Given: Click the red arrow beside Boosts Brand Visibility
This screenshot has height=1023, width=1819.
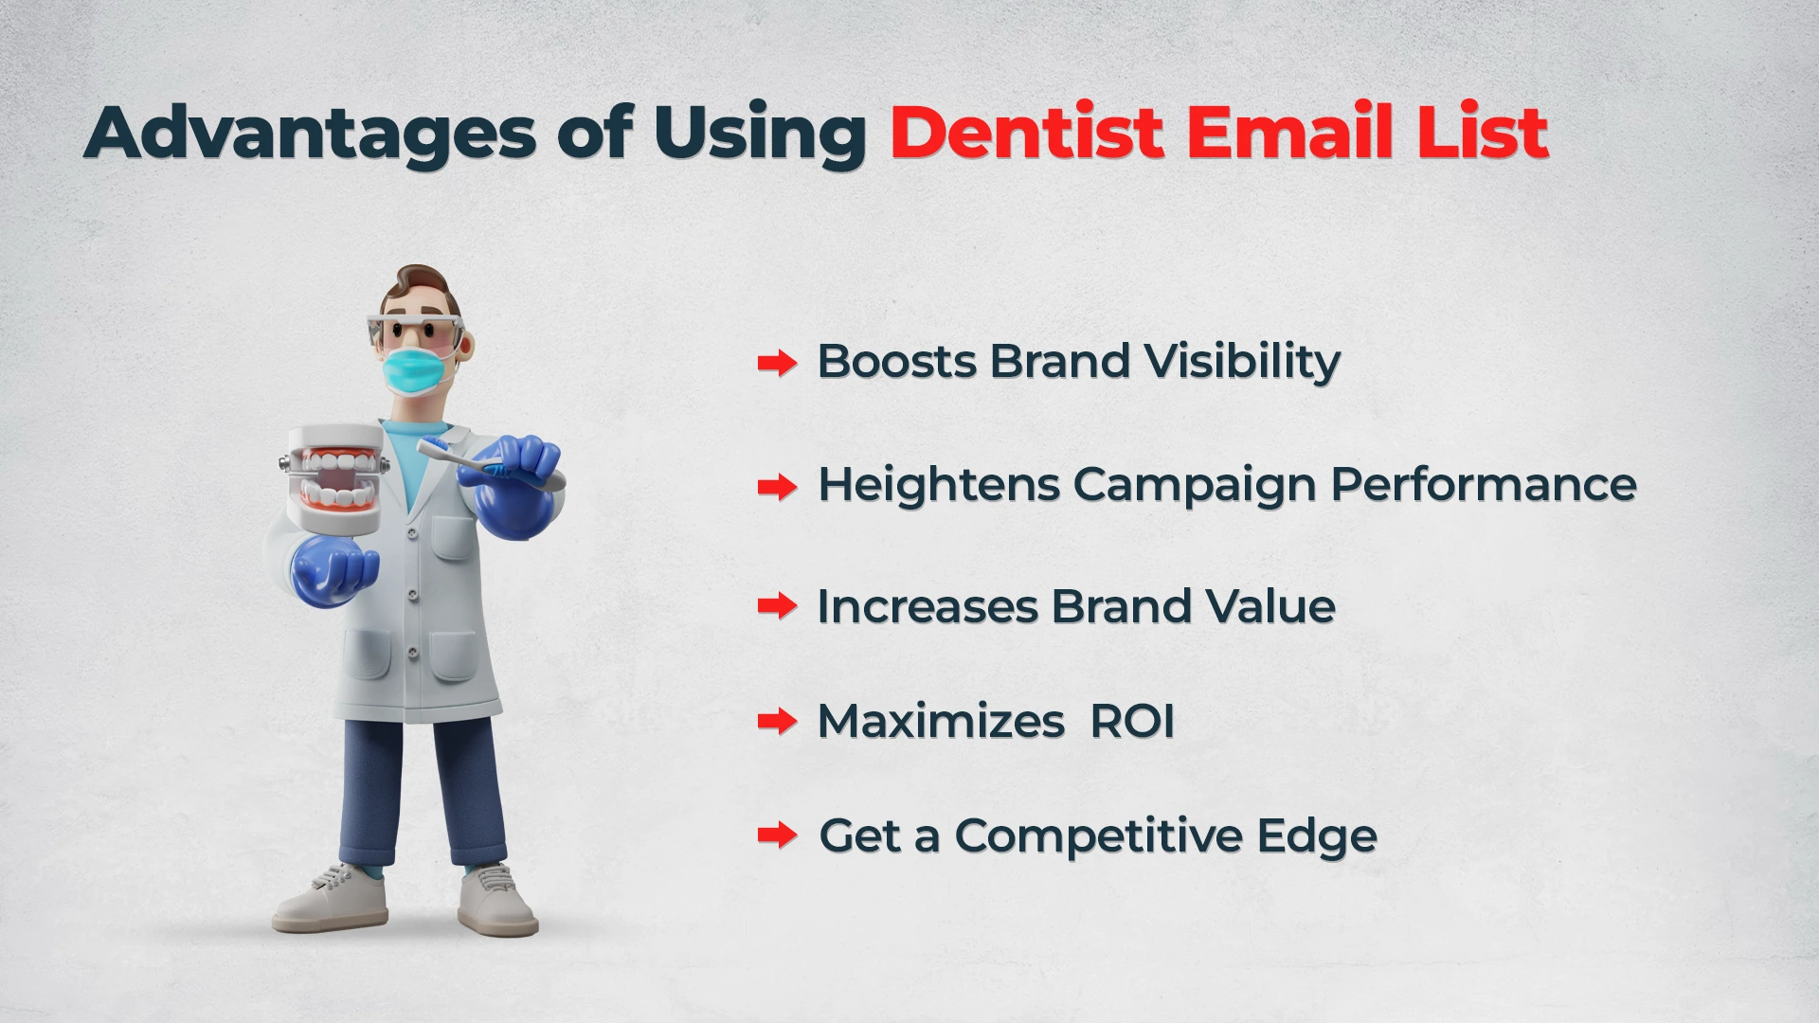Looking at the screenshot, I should pyautogui.click(x=777, y=363).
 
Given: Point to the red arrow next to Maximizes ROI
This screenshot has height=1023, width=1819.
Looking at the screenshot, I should pyautogui.click(x=777, y=723).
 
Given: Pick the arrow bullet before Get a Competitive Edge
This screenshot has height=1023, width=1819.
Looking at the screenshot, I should pyautogui.click(x=777, y=835).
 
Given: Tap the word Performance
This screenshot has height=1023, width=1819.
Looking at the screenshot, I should pyautogui.click(x=1483, y=484).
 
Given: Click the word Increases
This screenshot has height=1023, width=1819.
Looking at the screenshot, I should pyautogui.click(x=927, y=607).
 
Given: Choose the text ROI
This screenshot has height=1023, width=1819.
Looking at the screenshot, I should pyautogui.click(x=1132, y=722).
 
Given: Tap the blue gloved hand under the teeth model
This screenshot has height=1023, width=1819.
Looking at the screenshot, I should pyautogui.click(x=333, y=572).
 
